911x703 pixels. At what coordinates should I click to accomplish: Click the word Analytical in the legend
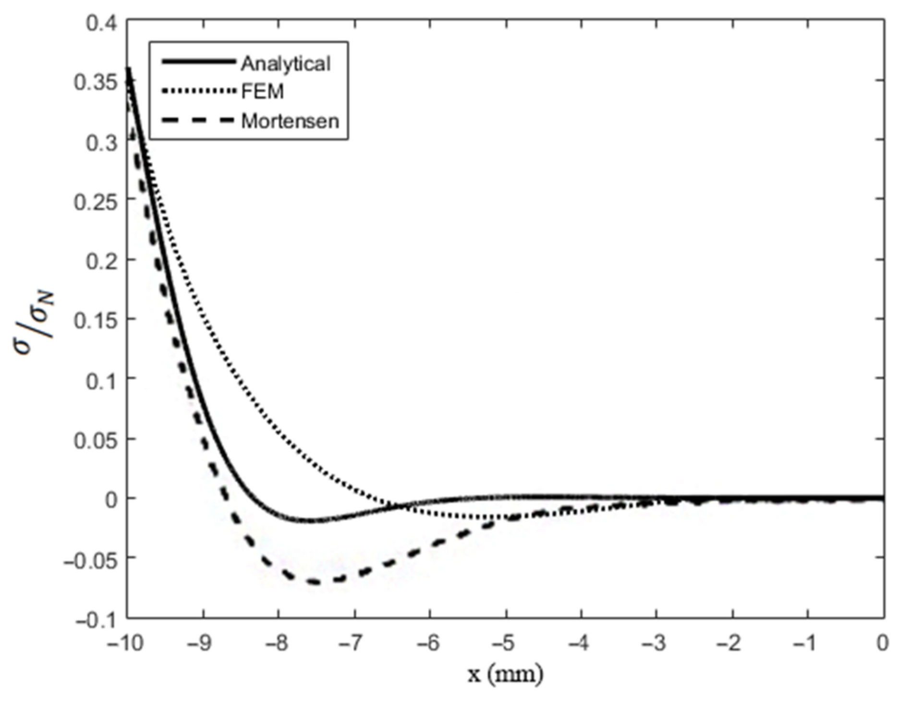coord(285,64)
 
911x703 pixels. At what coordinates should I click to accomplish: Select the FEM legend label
coord(262,91)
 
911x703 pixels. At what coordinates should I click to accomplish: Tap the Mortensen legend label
coord(290,121)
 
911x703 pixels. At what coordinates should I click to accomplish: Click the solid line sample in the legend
coord(199,62)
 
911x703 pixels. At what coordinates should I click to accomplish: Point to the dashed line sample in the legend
coord(199,120)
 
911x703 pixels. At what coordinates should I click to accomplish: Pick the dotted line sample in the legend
coord(199,91)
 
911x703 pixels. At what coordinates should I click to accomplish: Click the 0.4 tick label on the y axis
coord(101,23)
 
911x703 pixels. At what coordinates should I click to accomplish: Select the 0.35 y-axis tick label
coord(96,82)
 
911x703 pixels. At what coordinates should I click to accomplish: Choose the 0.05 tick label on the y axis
coord(96,440)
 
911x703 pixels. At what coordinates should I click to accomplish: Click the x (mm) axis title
coord(505,675)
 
